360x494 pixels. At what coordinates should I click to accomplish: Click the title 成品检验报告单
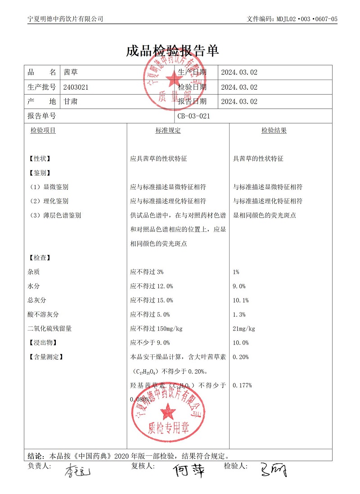pyautogui.click(x=173, y=51)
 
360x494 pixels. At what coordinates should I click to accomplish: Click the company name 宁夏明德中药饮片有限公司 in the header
pyautogui.click(x=66, y=19)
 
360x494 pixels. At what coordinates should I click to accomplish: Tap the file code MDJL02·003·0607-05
pyautogui.click(x=306, y=19)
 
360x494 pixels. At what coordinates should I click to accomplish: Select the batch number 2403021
pyautogui.click(x=76, y=87)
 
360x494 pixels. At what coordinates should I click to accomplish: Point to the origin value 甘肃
pyautogui.click(x=71, y=102)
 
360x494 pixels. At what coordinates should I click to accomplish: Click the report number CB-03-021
pyautogui.click(x=194, y=116)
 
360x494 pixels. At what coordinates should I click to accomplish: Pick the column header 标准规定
pyautogui.click(x=168, y=131)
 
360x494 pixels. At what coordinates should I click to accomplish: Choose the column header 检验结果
pyautogui.click(x=274, y=131)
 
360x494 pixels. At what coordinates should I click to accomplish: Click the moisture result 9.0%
pyautogui.click(x=239, y=286)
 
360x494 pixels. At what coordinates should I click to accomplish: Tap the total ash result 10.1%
pyautogui.click(x=241, y=300)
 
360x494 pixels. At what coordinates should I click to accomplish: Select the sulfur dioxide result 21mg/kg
pyautogui.click(x=244, y=329)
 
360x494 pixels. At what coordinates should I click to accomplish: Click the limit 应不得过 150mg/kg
pyautogui.click(x=156, y=329)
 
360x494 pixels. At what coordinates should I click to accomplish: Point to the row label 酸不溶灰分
pyautogui.click(x=43, y=314)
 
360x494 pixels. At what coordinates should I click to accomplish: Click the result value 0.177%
pyautogui.click(x=243, y=385)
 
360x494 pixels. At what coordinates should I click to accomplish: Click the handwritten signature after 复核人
pyautogui.click(x=189, y=471)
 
